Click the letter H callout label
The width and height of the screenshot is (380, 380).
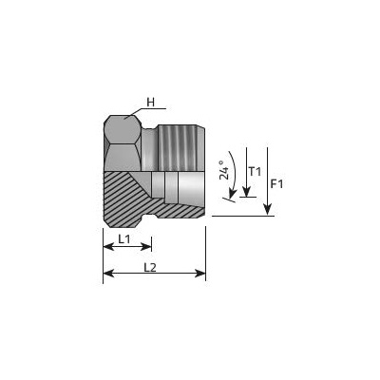click(151, 103)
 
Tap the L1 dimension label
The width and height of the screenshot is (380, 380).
click(124, 239)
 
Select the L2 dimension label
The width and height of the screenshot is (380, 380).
click(150, 268)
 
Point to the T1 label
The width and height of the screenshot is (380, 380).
click(255, 172)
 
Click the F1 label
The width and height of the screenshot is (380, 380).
click(276, 184)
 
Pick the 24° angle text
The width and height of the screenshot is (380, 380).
click(224, 169)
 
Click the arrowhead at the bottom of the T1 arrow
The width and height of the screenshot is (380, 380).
click(246, 192)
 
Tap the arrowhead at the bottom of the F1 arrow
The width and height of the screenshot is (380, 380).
click(268, 210)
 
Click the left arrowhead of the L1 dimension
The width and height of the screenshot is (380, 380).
click(108, 247)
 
